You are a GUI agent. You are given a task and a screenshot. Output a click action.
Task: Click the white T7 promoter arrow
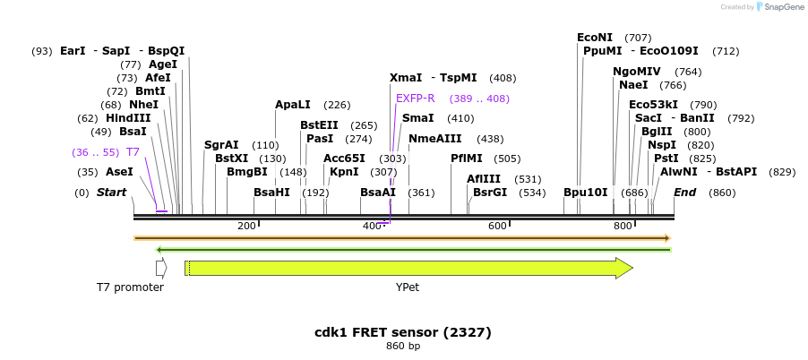tap(161, 268)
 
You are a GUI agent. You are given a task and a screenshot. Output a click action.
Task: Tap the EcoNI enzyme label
tap(595, 38)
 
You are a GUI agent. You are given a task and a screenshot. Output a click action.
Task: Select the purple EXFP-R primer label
tap(415, 99)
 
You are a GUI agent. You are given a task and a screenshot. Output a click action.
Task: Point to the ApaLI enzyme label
tap(293, 105)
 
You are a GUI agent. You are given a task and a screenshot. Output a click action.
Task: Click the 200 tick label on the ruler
tap(246, 226)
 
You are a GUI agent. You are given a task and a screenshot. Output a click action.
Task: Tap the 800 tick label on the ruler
tap(623, 226)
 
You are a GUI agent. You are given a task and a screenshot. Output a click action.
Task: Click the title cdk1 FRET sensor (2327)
tap(403, 332)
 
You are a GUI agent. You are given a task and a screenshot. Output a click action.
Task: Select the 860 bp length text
tap(403, 346)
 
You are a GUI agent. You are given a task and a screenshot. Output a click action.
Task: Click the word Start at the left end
tap(112, 193)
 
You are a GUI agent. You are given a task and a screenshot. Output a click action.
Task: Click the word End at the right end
tap(685, 193)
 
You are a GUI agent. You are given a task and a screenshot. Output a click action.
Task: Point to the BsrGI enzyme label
tap(490, 193)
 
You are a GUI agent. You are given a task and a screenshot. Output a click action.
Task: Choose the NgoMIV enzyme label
tap(637, 72)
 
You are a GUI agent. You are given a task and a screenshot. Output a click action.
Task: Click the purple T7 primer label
tap(133, 152)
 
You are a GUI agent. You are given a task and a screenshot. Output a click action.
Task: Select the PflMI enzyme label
tap(467, 159)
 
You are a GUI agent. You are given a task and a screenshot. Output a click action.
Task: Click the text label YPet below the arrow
tap(408, 288)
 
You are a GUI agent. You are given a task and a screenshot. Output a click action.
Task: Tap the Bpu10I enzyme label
tap(586, 193)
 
